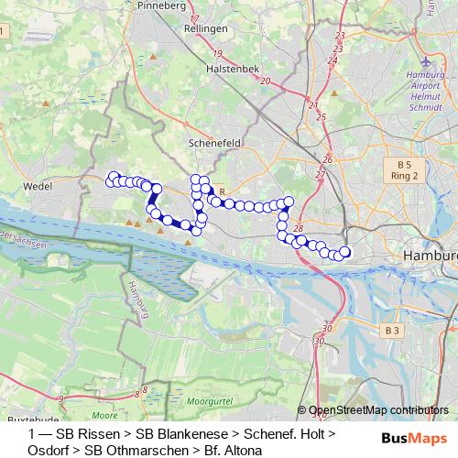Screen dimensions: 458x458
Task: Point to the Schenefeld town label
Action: click(213, 144)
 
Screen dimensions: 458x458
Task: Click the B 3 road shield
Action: click(392, 330)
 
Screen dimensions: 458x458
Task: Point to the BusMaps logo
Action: click(408, 439)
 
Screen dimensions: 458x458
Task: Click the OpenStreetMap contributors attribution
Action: click(378, 410)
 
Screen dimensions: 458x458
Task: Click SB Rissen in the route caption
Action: click(89, 432)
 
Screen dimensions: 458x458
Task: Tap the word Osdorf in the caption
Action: click(49, 450)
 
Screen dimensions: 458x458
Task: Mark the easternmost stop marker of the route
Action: click(345, 252)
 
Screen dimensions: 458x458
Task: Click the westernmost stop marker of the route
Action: click(113, 178)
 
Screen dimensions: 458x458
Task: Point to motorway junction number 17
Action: click(219, 17)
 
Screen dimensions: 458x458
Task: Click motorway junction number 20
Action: click(266, 82)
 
